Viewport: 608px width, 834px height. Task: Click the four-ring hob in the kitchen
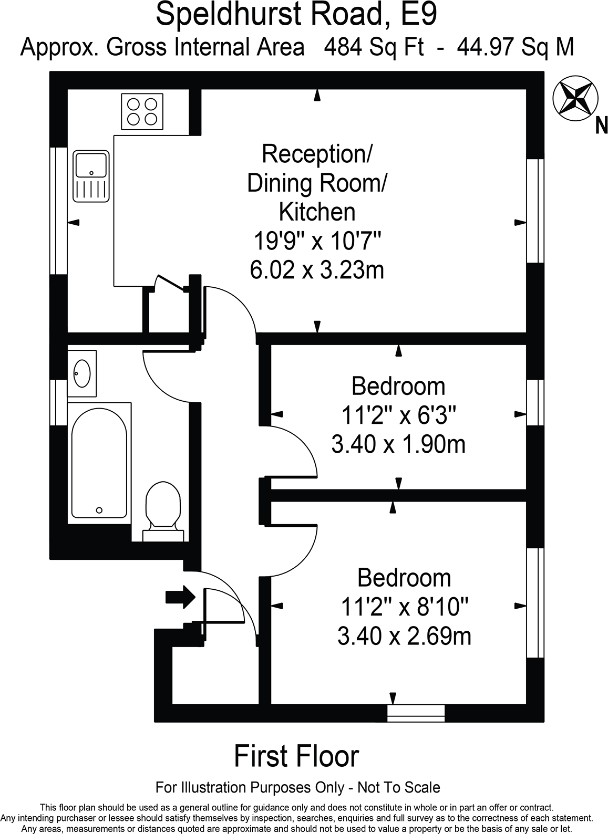pyautogui.click(x=142, y=111)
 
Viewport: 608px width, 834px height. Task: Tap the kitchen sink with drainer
pyautogui.click(x=91, y=176)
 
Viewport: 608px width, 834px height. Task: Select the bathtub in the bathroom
pyautogui.click(x=99, y=464)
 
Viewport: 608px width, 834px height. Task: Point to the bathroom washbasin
pyautogui.click(x=82, y=373)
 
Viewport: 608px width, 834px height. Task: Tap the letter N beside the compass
pyautogui.click(x=601, y=126)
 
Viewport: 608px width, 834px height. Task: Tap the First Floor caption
pyautogui.click(x=296, y=756)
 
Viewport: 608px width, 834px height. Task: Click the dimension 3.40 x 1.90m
pyautogui.click(x=398, y=445)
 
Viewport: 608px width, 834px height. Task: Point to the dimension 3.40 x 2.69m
pyautogui.click(x=404, y=637)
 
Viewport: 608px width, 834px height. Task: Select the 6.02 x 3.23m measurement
pyautogui.click(x=317, y=270)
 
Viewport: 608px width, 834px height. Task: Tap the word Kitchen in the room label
pyautogui.click(x=317, y=212)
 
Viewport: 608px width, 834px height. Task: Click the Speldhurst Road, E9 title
pyautogui.click(x=296, y=15)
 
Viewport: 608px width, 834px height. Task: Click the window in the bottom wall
pyautogui.click(x=416, y=713)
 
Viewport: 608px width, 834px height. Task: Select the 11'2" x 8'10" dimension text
pyautogui.click(x=404, y=608)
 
